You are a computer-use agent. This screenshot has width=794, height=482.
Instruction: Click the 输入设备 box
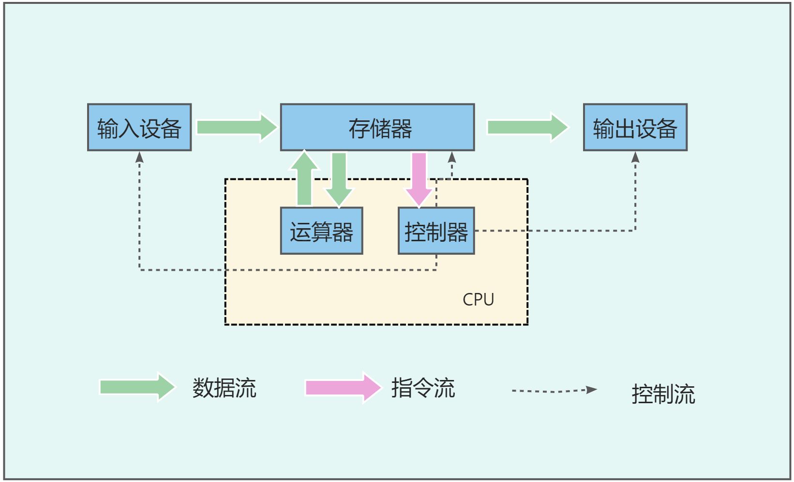pos(139,127)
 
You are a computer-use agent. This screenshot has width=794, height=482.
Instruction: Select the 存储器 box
pos(377,127)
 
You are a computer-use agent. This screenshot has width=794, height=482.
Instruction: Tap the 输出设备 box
pos(635,127)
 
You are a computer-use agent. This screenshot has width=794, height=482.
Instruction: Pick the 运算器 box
pos(321,231)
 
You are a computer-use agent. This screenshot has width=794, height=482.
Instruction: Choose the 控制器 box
pos(436,231)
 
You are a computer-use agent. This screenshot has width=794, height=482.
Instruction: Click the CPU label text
pos(478,300)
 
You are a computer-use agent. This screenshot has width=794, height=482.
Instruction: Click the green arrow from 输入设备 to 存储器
pos(236,127)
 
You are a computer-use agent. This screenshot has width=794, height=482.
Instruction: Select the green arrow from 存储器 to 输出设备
pos(527,127)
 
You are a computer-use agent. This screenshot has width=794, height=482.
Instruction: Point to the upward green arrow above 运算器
pos(304,179)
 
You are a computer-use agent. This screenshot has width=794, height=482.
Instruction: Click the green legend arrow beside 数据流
pos(136,387)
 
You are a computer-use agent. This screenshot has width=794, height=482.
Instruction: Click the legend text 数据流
pos(224,388)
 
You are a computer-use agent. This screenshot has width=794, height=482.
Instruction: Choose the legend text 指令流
pos(423,388)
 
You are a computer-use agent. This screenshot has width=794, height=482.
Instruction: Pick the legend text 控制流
pos(663,394)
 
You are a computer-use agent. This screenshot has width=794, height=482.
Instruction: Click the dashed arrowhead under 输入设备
pos(139,157)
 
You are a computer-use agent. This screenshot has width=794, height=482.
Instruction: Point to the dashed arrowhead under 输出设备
pos(635,157)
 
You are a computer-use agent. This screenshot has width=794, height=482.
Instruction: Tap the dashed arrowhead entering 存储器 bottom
pos(452,157)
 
